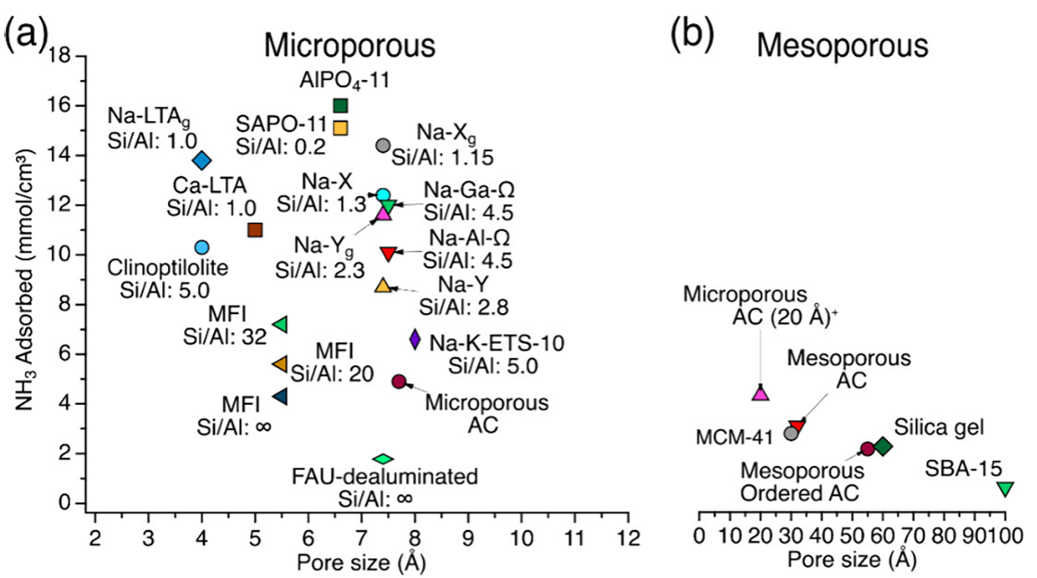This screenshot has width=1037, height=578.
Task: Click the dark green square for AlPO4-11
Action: [340, 105]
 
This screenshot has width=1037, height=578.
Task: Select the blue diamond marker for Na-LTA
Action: [202, 161]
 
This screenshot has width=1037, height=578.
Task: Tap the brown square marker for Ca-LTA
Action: [255, 230]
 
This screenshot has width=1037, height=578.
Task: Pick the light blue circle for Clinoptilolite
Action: [202, 247]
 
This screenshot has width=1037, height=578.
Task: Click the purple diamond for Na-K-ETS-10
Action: [415, 340]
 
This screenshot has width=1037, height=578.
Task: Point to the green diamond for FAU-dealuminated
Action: [383, 459]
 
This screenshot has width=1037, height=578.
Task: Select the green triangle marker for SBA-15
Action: [1005, 489]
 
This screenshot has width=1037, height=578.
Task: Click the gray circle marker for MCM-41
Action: [791, 433]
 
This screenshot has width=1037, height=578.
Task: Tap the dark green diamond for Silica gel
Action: [882, 447]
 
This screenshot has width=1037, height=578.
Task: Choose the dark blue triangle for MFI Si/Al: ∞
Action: [280, 397]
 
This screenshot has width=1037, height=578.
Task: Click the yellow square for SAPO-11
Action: [340, 128]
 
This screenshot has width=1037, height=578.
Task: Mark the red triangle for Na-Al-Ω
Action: [388, 254]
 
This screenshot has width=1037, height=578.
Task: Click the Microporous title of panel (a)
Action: [350, 46]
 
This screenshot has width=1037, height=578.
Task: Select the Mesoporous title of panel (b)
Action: [843, 46]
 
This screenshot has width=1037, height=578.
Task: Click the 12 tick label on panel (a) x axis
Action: [628, 538]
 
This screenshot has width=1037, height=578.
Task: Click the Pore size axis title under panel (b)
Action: [852, 559]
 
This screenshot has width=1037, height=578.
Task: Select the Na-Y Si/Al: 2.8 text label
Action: [463, 296]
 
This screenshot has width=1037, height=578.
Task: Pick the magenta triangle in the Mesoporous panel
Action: [761, 393]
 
